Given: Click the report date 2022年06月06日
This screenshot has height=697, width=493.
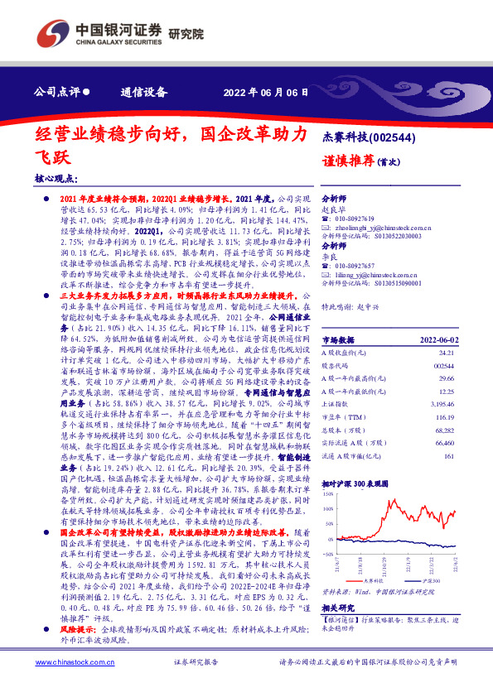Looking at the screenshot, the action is pyautogui.click(x=260, y=93).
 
